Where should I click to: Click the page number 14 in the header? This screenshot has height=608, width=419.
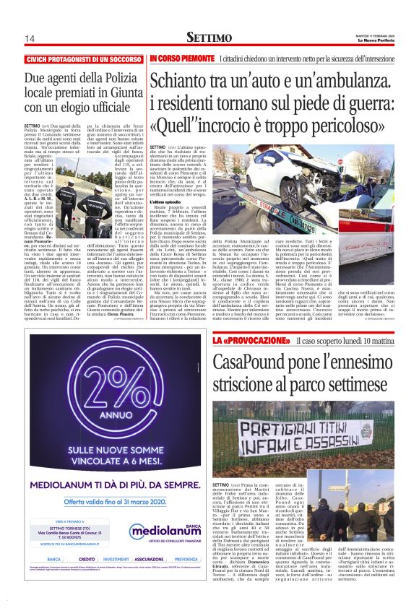30,38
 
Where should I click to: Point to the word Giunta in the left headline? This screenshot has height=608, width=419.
117,91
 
